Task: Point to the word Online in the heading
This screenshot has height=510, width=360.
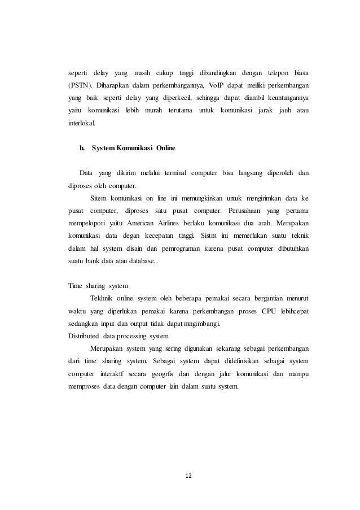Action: tap(166, 149)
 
